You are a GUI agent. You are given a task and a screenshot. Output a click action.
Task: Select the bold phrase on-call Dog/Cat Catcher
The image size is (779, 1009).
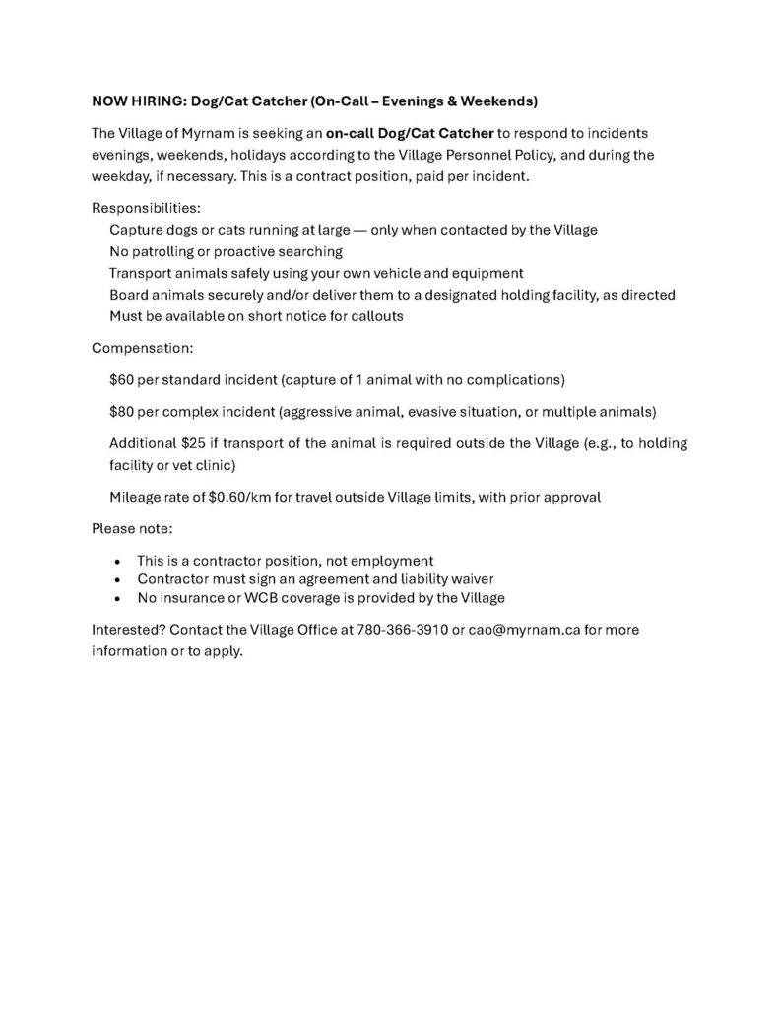pyautogui.click(x=410, y=132)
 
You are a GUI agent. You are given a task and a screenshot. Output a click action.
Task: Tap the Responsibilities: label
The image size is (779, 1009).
pyautogui.click(x=146, y=208)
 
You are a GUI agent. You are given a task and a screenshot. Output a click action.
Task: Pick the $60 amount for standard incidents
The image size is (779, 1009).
pyautogui.click(x=123, y=379)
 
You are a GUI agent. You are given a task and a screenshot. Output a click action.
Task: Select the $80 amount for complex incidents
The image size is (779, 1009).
pyautogui.click(x=123, y=411)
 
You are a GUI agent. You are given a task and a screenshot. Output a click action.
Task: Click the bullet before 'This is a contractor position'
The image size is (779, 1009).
pyautogui.click(x=117, y=561)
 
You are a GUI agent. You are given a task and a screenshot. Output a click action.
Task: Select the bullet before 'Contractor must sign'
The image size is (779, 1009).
pyautogui.click(x=117, y=579)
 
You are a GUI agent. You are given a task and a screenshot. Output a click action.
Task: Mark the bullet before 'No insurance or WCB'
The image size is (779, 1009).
pyautogui.click(x=117, y=598)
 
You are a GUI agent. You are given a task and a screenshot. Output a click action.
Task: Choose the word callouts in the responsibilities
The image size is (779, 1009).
pyautogui.click(x=373, y=316)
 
